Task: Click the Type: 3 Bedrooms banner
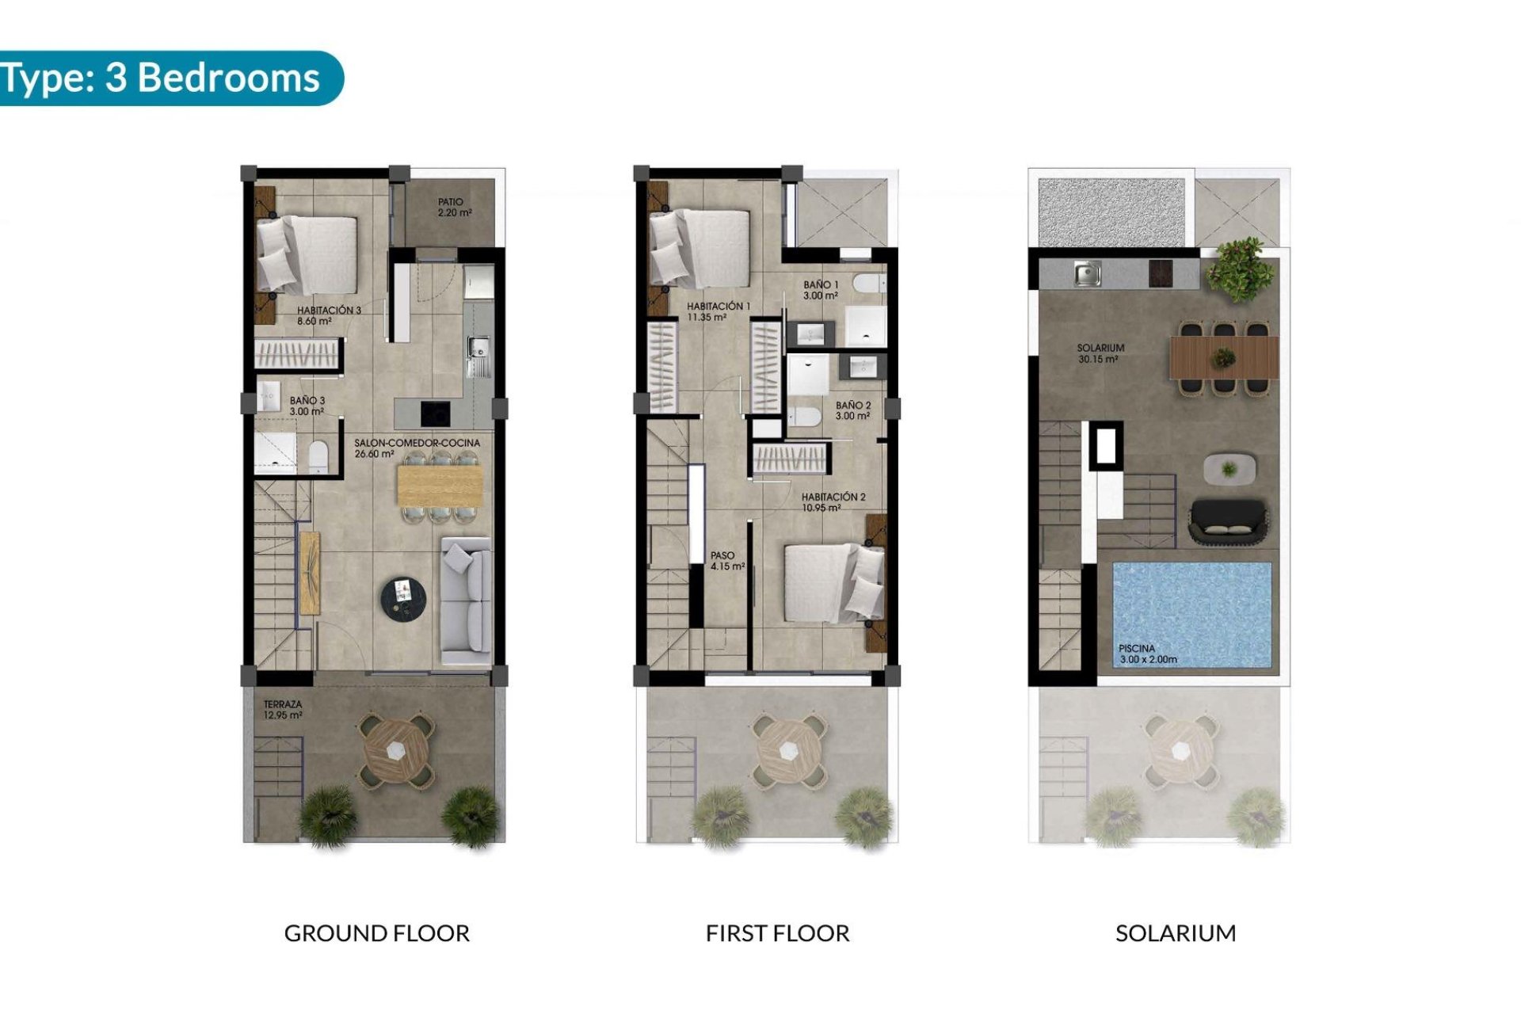pyautogui.click(x=162, y=78)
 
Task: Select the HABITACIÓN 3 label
pyautogui.click(x=328, y=315)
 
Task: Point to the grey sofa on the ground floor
pyautogui.click(x=466, y=600)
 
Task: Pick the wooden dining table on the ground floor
pyautogui.click(x=440, y=485)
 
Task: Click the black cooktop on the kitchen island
pyautogui.click(x=435, y=413)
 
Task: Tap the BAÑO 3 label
pyautogui.click(x=307, y=406)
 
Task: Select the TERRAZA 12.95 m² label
pyautogui.click(x=283, y=709)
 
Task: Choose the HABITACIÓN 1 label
pyautogui.click(x=718, y=311)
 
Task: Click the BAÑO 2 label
pyautogui.click(x=852, y=410)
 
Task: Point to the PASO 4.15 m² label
pyautogui.click(x=726, y=561)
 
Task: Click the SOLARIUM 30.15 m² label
pyautogui.click(x=1100, y=353)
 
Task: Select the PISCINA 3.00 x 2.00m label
pyautogui.click(x=1147, y=654)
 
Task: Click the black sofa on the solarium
pyautogui.click(x=1227, y=521)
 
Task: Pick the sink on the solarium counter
pyautogui.click(x=1086, y=275)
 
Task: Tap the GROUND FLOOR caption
pyautogui.click(x=376, y=933)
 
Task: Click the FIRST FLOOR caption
pyautogui.click(x=777, y=933)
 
